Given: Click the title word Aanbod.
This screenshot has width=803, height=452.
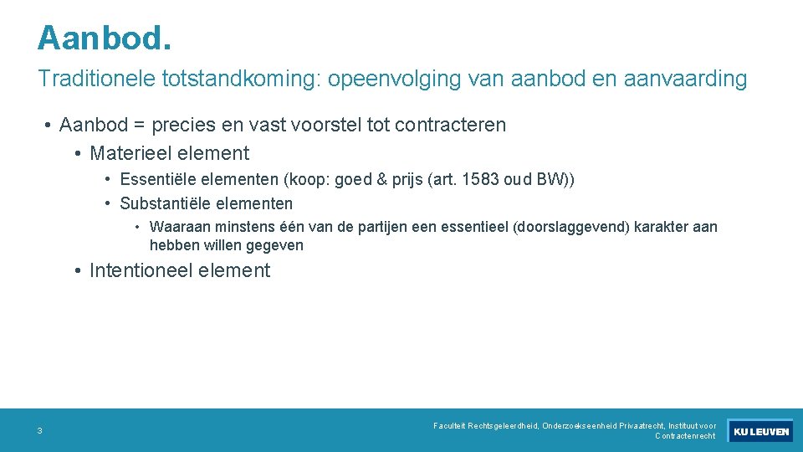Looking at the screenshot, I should click(x=105, y=39).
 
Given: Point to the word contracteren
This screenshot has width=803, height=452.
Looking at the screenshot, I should click(x=450, y=126).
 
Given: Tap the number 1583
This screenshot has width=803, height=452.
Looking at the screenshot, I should click(x=480, y=180).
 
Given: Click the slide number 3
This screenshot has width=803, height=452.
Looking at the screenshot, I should click(x=39, y=431).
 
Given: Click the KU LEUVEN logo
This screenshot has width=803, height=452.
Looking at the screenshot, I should click(x=760, y=431).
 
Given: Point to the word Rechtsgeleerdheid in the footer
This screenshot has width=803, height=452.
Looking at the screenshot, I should click(x=503, y=426).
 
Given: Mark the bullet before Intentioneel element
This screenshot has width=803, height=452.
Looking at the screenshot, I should click(x=78, y=270).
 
